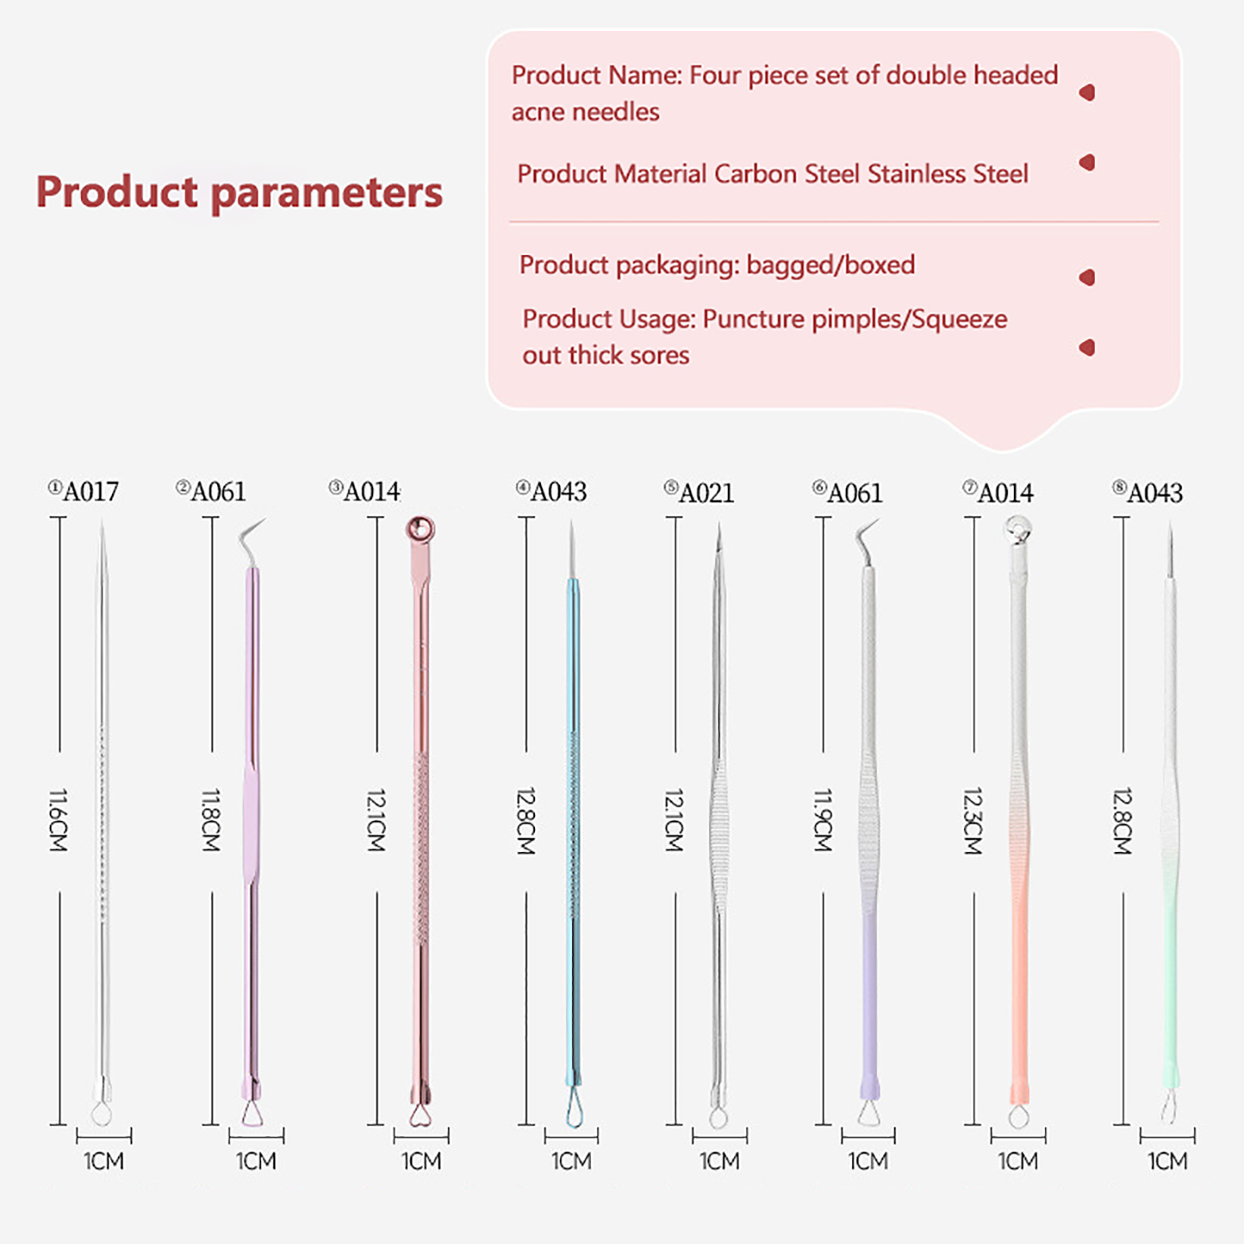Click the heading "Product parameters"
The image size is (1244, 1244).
click(x=239, y=192)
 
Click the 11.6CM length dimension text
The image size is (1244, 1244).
click(x=58, y=819)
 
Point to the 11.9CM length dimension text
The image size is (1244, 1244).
click(x=823, y=819)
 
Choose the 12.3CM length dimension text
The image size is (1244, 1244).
click(x=973, y=821)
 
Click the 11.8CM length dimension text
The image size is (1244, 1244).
click(x=211, y=819)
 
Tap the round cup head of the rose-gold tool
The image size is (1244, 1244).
click(x=420, y=529)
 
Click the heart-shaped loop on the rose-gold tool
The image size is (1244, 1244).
click(x=420, y=1116)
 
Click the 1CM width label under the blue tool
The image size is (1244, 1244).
click(x=571, y=1161)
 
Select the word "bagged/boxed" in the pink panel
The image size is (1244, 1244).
click(x=830, y=265)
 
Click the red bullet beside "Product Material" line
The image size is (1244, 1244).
click(x=1087, y=162)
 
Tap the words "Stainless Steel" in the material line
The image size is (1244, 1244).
click(x=948, y=174)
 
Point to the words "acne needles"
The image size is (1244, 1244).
click(x=585, y=112)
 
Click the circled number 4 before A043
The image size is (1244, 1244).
click(x=522, y=487)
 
